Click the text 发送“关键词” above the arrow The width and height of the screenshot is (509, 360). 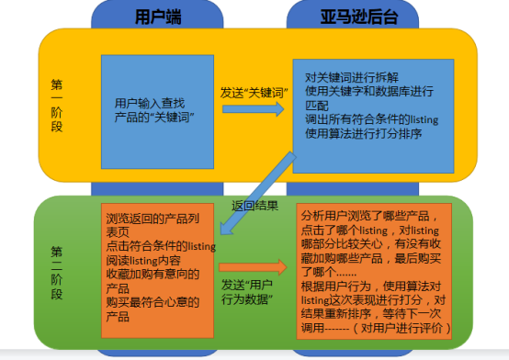click(251, 93)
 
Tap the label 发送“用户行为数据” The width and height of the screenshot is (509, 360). click(249, 292)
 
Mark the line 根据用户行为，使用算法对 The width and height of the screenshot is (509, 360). click(374, 285)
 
